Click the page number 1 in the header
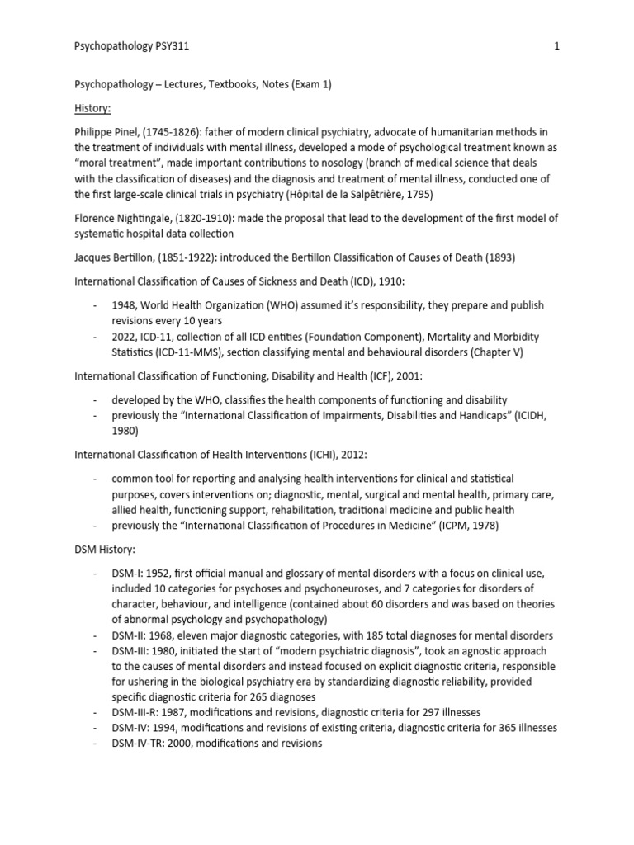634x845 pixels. pos(556,46)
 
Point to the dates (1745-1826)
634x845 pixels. pos(180,133)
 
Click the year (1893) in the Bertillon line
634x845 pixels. pos(499,257)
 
